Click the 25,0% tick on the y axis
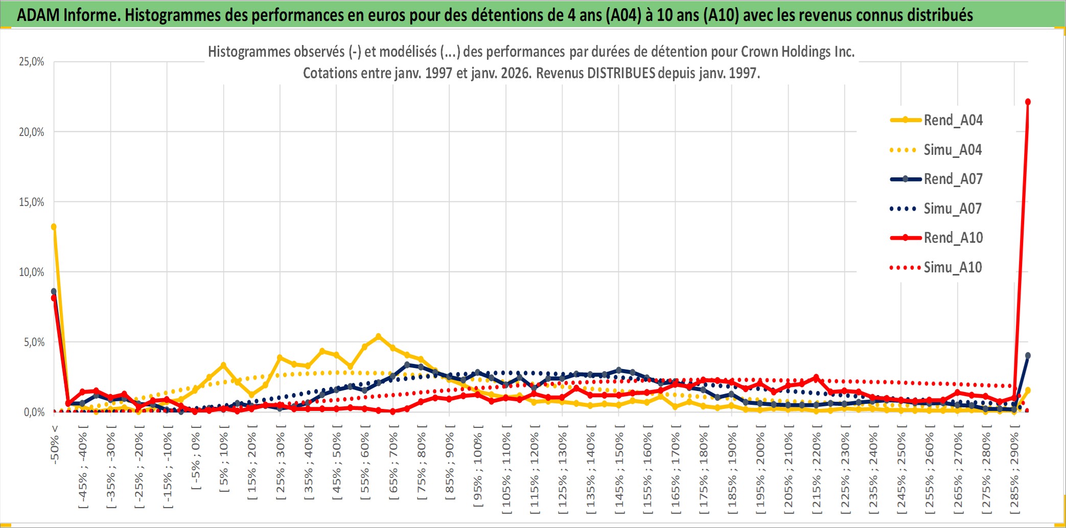tap(32, 62)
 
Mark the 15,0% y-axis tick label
tap(32, 202)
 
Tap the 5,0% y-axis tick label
tap(34, 342)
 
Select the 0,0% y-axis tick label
tap(34, 412)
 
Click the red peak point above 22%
tap(1028, 102)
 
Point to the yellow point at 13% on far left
tap(54, 226)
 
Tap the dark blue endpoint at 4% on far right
tap(1028, 356)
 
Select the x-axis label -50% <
tap(55, 445)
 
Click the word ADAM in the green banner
tap(38, 15)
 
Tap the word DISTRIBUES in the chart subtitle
tap(621, 73)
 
